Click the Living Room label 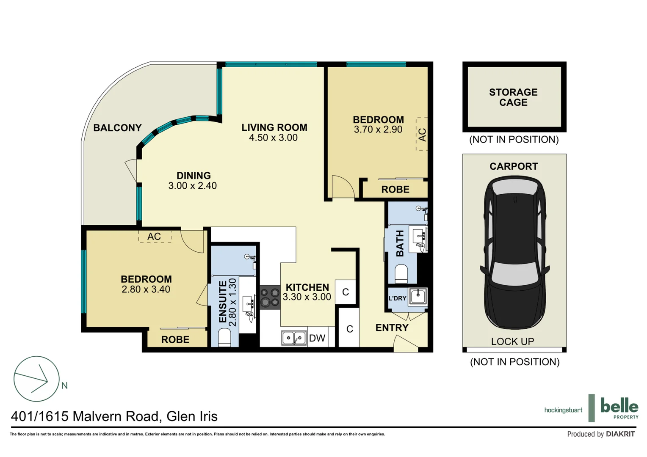274,127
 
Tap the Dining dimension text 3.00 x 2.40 192,186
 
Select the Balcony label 117,128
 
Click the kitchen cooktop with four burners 270,297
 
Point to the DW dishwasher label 317,338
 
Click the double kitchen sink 294,338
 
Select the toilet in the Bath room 401,274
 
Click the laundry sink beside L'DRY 418,297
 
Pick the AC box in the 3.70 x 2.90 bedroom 422,134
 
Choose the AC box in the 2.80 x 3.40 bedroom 155,237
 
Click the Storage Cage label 513,97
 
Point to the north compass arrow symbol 36,379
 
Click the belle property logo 619,408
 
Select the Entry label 392,328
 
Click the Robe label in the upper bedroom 395,190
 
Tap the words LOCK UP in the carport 513,341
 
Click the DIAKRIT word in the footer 620,434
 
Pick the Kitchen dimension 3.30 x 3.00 307,297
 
